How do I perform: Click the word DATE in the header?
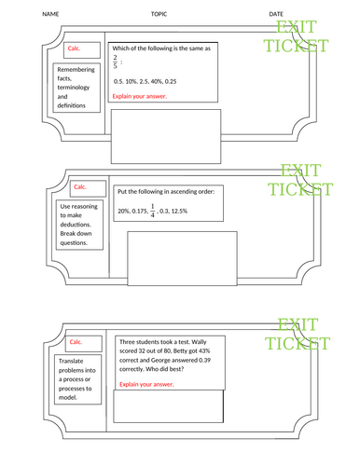pyautogui.click(x=276, y=15)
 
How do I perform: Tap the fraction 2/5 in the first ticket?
pyautogui.click(x=117, y=63)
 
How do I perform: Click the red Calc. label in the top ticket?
pyautogui.click(x=76, y=48)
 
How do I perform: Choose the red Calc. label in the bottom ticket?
pyautogui.click(x=77, y=341)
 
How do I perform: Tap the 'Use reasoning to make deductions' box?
pyautogui.click(x=78, y=224)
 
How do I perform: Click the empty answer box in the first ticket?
pyautogui.click(x=167, y=134)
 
